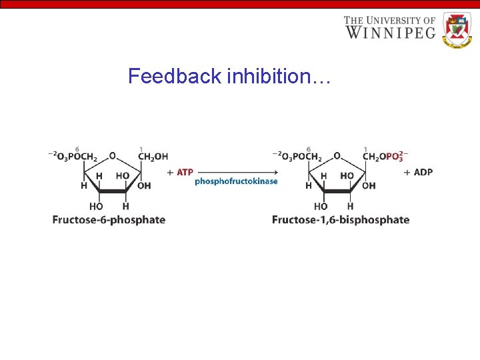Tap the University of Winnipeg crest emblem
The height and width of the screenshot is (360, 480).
(x=456, y=31)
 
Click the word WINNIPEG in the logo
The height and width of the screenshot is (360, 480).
(x=390, y=32)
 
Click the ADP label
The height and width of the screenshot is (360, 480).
(x=423, y=172)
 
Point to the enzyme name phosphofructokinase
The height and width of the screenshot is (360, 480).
(x=236, y=181)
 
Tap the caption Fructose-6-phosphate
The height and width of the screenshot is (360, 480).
(x=109, y=220)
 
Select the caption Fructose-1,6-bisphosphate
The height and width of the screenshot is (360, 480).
(x=341, y=220)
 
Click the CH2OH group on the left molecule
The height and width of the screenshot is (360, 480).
(x=153, y=157)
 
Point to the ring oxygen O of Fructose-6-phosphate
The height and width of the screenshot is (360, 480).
(x=112, y=156)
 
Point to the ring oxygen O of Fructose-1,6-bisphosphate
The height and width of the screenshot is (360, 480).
(x=337, y=156)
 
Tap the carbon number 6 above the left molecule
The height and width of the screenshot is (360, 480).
(x=77, y=148)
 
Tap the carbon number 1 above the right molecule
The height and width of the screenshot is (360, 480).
(x=365, y=148)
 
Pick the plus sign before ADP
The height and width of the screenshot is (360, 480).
(x=407, y=172)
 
